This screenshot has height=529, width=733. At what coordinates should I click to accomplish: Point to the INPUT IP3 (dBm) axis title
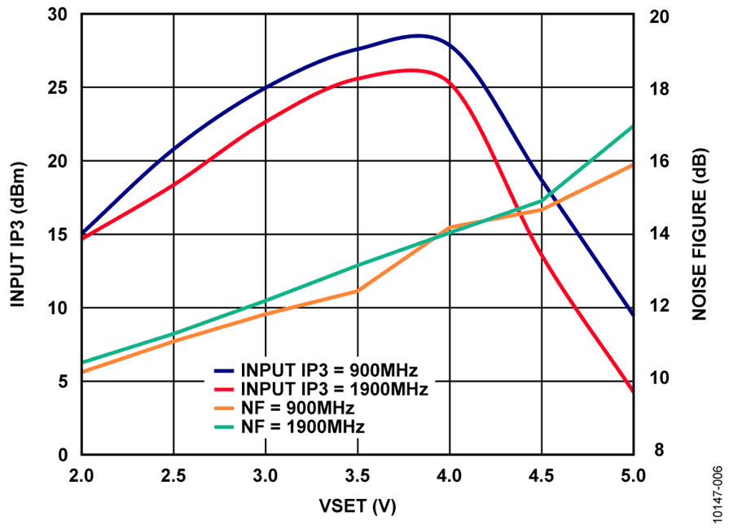18,234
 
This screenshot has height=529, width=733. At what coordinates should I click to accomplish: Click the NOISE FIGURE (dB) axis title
699,234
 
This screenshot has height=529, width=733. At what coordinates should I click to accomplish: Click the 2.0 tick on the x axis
81,474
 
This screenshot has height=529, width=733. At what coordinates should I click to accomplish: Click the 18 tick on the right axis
656,88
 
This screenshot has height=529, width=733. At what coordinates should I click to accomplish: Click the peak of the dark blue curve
419,36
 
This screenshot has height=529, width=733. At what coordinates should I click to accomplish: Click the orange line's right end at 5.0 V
633,165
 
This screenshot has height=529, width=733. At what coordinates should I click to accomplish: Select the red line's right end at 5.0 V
633,391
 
